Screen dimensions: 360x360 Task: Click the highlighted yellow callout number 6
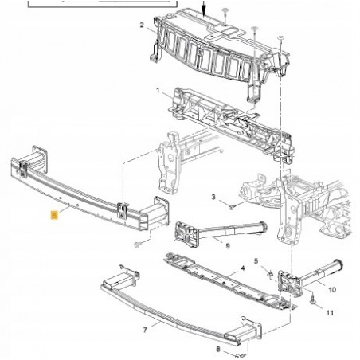pyautogui.click(x=54, y=215)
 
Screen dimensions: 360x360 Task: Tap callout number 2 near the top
pyautogui.click(x=142, y=25)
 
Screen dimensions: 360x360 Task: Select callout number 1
pyautogui.click(x=158, y=91)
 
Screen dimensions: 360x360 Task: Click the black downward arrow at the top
pyautogui.click(x=204, y=8)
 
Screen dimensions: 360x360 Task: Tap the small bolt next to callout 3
pyautogui.click(x=232, y=206)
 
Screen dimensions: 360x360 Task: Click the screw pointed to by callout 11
pyautogui.click(x=313, y=300)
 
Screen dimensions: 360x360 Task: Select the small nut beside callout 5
pyautogui.click(x=270, y=273)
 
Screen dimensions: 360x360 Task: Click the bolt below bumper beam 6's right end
pyautogui.click(x=137, y=245)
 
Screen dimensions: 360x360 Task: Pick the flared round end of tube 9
pyautogui.click(x=263, y=226)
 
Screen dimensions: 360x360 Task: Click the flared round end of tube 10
pyautogui.click(x=338, y=264)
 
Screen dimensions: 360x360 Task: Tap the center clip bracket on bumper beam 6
pyautogui.click(x=123, y=210)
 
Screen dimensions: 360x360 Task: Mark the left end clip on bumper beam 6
pyautogui.click(x=23, y=169)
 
